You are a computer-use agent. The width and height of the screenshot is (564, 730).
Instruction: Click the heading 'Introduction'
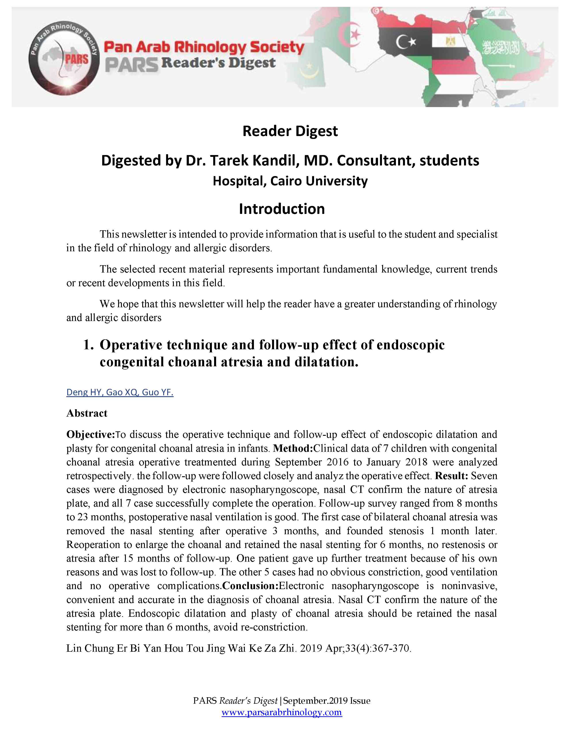(x=282, y=209)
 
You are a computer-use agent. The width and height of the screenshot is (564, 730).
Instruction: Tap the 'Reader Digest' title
(x=290, y=131)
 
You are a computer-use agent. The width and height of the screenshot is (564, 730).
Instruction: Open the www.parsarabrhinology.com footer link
(x=282, y=713)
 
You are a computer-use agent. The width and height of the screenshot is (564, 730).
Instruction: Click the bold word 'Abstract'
(x=87, y=413)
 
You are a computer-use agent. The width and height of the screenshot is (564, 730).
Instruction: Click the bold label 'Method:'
(x=293, y=448)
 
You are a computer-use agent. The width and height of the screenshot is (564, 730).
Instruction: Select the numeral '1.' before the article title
(x=88, y=345)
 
